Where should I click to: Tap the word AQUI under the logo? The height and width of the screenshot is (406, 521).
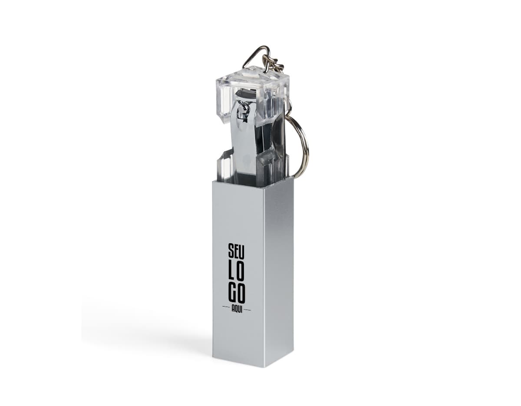click(x=237, y=313)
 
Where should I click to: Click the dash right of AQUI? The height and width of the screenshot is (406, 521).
click(x=247, y=310)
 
